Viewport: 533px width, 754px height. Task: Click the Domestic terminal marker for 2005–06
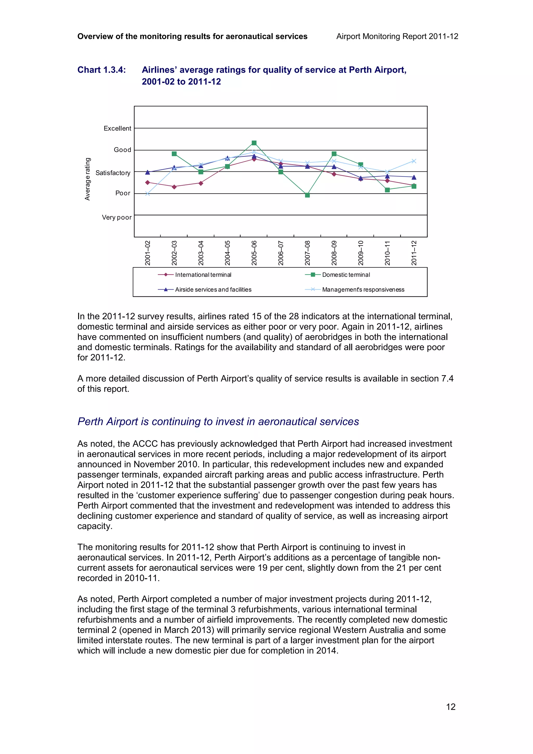coord(254,143)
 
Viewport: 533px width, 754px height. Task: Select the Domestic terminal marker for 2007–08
coord(307,195)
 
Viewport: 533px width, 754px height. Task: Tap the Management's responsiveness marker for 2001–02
coord(148,194)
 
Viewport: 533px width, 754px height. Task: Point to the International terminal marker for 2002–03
coord(174,187)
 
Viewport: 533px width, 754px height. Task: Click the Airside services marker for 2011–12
coord(414,177)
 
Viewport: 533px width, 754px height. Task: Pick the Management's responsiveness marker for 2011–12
coord(414,161)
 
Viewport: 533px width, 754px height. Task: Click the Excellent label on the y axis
coord(117,129)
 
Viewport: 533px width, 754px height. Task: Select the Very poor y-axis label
coord(117,218)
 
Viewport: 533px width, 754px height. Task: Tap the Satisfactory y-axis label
coord(113,173)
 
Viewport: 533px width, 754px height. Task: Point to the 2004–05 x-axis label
coord(227,253)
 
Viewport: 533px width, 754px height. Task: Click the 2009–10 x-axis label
coord(361,253)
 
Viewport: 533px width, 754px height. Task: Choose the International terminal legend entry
coord(203,275)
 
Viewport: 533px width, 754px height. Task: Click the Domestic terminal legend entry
coord(346,275)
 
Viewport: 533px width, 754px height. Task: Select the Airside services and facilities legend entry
coord(213,290)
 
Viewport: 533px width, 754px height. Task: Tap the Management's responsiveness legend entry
coord(363,290)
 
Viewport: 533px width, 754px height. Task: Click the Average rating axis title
coord(87,179)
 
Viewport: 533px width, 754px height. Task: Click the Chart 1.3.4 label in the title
coord(101,70)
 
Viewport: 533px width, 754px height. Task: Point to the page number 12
coord(450,707)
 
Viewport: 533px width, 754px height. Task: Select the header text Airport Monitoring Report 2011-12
coord(397,36)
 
